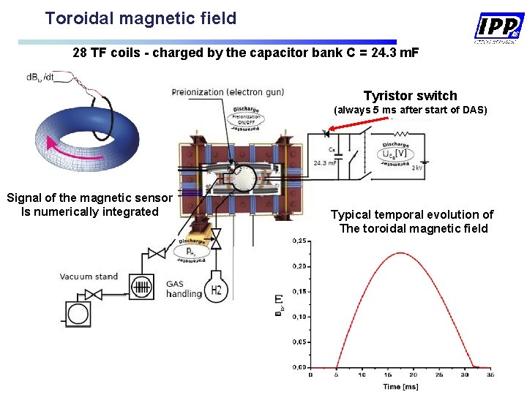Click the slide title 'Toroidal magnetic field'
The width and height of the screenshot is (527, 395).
pos(141,18)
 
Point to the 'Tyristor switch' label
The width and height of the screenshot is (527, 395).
pos(410,96)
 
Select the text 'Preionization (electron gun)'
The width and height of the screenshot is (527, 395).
pos(228,92)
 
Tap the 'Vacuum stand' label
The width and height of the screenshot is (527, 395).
pos(89,276)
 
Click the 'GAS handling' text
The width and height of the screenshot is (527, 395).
pos(184,288)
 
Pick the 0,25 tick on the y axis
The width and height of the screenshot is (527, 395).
pos(299,241)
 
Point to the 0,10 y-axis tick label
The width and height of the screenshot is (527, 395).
pos(299,317)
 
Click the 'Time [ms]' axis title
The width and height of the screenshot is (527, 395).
pos(401,386)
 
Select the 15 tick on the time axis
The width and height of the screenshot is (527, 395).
pos(388,375)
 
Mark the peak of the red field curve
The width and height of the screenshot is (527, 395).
pos(401,253)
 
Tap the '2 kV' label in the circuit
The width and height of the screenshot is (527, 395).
pos(417,168)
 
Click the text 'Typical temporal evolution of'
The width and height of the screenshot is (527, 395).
pos(411,214)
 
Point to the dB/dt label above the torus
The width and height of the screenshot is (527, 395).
pos(40,77)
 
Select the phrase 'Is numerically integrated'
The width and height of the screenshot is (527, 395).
pos(90,211)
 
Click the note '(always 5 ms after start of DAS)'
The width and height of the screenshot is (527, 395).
pos(410,110)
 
